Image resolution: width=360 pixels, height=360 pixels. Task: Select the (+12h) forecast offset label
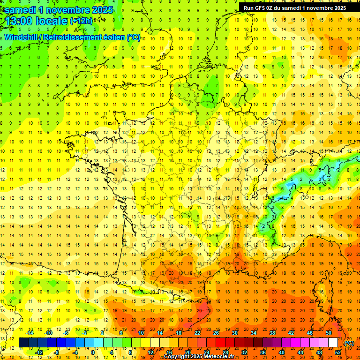(81, 21)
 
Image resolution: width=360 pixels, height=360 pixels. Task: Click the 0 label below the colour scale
(93, 352)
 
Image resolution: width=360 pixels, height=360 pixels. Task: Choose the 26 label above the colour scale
(216, 332)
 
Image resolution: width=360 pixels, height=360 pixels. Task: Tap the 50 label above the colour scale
(328, 332)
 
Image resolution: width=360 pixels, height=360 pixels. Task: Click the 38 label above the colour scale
(272, 332)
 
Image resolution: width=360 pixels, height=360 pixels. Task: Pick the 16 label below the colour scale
(169, 352)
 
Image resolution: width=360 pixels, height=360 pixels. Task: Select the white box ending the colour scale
(333, 343)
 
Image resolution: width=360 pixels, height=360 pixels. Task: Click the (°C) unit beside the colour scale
(349, 343)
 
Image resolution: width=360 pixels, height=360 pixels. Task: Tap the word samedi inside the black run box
(297, 7)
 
